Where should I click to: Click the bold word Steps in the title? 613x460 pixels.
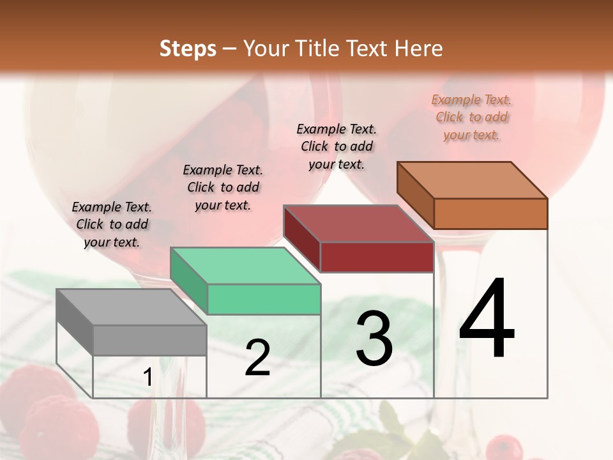pos(188,49)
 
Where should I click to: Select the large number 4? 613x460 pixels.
pos(487,319)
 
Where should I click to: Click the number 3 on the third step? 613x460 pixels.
pos(374,339)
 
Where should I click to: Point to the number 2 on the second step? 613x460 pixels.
pos(257,358)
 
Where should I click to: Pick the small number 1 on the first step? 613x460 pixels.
pos(148,378)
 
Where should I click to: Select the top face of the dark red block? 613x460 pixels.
pos(358,224)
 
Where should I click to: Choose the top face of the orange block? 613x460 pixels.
pos(472,180)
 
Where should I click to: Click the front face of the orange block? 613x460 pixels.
pos(490,213)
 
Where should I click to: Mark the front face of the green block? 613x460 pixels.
pos(264,299)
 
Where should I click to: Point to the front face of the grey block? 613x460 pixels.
pos(149,340)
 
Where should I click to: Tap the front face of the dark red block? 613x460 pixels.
pos(377,257)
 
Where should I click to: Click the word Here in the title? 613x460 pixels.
pos(418,49)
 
